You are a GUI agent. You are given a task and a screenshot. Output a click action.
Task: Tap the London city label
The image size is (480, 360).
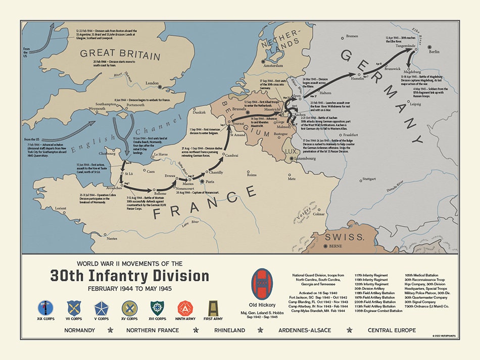click(152, 83)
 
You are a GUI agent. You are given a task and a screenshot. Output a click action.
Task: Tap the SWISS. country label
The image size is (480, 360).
click(345, 237)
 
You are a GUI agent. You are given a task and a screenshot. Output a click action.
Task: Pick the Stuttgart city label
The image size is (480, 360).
click(369, 179)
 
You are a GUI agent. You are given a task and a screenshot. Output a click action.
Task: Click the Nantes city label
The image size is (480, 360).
click(112, 238)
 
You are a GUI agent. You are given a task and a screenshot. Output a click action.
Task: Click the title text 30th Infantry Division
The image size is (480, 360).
click(129, 276)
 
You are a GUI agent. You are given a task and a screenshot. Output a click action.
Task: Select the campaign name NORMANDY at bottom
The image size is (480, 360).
click(79, 330)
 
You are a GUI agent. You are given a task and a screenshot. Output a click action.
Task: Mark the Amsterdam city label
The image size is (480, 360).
click(272, 66)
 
